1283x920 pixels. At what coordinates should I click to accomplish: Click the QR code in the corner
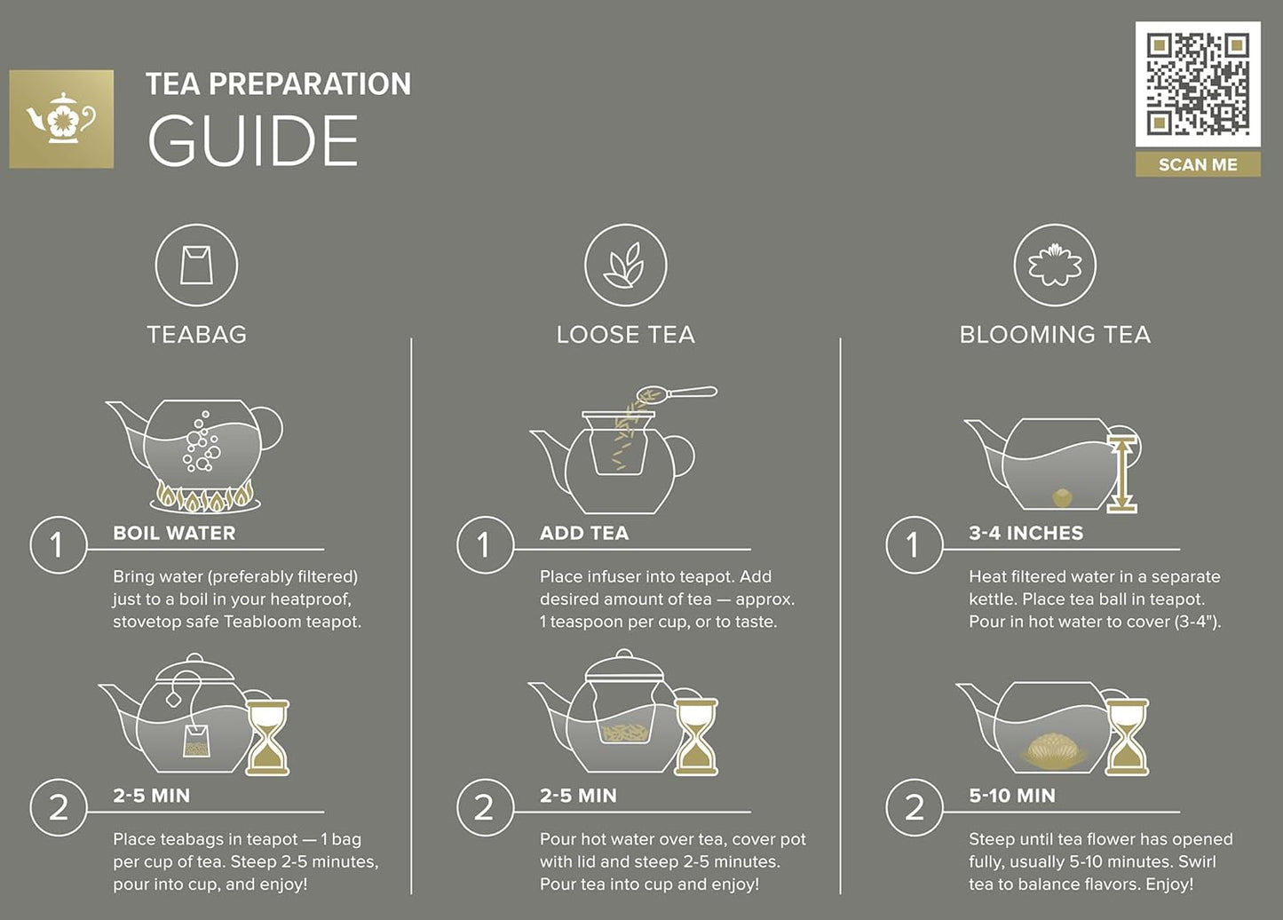[1198, 84]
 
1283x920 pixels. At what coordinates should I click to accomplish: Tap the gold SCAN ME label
[1198, 164]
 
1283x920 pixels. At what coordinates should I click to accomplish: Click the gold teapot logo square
[61, 119]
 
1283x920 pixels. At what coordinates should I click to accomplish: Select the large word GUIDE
[253, 141]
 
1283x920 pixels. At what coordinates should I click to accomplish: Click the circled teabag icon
[196, 265]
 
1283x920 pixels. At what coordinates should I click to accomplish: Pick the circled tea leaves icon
[625, 265]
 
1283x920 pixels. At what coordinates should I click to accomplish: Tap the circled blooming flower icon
[1055, 265]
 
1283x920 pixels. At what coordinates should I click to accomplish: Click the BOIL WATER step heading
[174, 533]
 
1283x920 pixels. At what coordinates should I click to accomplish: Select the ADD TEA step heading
[584, 533]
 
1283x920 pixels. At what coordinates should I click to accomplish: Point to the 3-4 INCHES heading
[1026, 533]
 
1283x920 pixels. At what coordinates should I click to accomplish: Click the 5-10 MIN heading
[1012, 796]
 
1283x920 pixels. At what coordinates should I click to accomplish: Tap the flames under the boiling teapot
[205, 498]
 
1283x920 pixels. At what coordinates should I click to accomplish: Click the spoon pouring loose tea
[679, 393]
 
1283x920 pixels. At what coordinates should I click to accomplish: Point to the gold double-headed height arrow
[1122, 474]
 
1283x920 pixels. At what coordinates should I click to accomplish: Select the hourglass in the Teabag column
[267, 736]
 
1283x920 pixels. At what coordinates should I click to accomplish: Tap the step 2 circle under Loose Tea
[484, 807]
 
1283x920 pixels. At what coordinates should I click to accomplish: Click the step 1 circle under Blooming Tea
[914, 544]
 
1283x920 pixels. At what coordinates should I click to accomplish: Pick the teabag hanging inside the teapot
[196, 740]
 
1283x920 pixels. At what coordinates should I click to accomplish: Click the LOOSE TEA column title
[625, 335]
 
